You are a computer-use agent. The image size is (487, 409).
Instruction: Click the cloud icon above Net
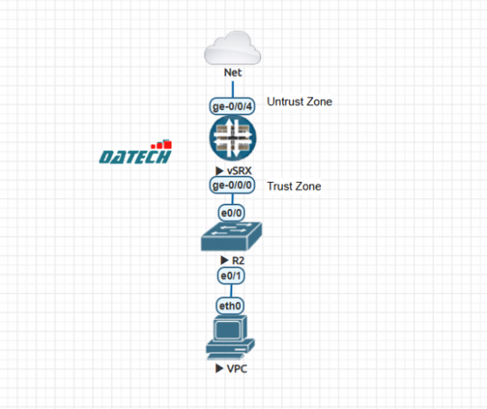[x=232, y=48]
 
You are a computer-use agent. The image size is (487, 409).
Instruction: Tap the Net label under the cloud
[x=233, y=73]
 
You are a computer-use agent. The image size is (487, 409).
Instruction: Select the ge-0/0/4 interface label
[x=232, y=107]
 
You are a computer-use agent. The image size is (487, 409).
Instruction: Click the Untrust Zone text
[x=300, y=102]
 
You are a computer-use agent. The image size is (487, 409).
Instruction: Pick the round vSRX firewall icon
[x=233, y=139]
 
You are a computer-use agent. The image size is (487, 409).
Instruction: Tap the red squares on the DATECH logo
[x=162, y=145]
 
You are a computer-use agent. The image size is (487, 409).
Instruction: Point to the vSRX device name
[x=239, y=171]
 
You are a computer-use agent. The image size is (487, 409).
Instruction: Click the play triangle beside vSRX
[x=219, y=170]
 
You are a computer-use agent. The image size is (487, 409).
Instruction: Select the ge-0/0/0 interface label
[x=232, y=185]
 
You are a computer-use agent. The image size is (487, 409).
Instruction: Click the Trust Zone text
[x=294, y=186]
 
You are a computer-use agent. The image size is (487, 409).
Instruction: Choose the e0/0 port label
[x=231, y=213]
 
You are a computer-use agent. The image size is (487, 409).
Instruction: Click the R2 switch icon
[x=231, y=236]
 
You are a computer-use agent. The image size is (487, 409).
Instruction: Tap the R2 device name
[x=238, y=261]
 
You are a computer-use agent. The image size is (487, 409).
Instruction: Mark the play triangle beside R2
[x=224, y=260]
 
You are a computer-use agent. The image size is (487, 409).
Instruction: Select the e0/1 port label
[x=230, y=275]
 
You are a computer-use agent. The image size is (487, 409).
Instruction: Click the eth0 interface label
[x=230, y=307]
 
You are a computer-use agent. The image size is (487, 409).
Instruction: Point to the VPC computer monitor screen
[x=229, y=329]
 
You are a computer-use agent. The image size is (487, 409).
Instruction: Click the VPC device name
[x=237, y=369]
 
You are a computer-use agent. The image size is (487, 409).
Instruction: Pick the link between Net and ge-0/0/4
[x=233, y=90]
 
